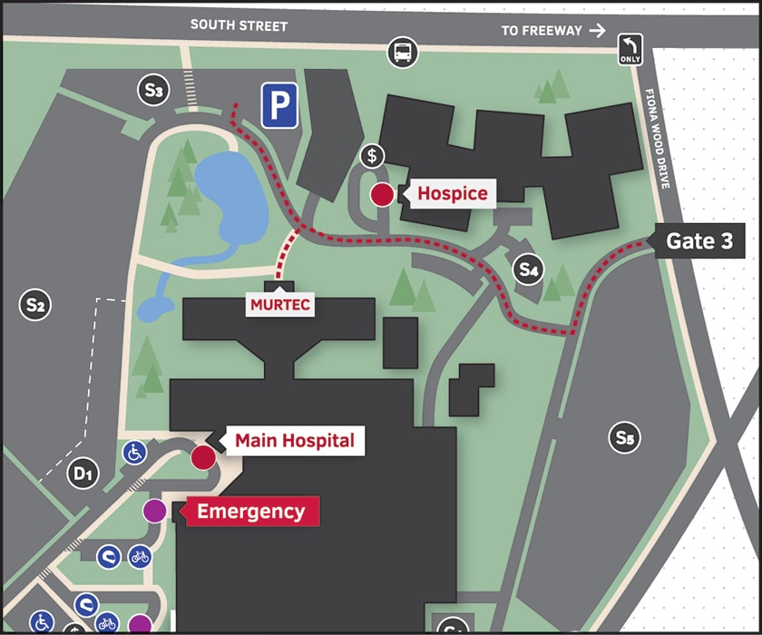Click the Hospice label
452,193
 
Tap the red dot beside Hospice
382,194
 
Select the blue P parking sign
280,106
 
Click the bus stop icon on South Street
403,53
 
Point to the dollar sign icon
372,155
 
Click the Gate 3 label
700,241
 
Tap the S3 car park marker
152,90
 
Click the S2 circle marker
34,305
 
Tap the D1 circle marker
83,473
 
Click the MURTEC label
280,305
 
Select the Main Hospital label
294,441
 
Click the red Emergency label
250,511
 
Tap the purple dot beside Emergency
155,511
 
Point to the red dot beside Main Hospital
202,456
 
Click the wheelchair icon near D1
134,451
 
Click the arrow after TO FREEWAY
597,30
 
